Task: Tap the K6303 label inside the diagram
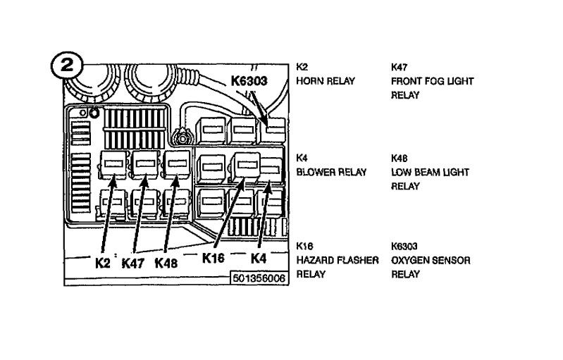click(249, 81)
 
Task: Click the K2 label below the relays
click(104, 263)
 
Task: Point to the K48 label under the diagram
click(166, 263)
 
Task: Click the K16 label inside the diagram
click(213, 258)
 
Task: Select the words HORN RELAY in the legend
click(325, 81)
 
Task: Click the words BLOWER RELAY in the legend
click(331, 173)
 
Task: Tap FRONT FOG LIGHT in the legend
click(432, 81)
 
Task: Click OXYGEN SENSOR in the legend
click(431, 261)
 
